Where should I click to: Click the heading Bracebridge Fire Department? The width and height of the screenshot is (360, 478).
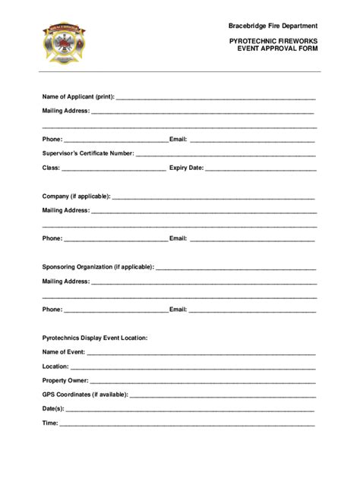click(273, 26)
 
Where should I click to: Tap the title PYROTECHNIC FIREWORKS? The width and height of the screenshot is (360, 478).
click(273, 39)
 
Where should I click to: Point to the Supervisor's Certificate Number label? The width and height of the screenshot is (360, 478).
click(88, 153)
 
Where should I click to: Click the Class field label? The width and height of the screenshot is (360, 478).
click(51, 168)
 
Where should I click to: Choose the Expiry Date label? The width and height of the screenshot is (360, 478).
click(186, 168)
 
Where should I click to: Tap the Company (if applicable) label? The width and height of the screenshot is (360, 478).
click(76, 196)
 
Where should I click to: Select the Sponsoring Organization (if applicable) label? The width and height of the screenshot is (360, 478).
click(98, 267)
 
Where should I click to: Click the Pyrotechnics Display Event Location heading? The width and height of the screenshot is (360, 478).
click(95, 338)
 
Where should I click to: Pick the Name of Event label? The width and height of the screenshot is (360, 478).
click(64, 352)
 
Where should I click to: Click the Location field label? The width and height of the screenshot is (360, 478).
click(56, 366)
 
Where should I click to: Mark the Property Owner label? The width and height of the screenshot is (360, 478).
click(65, 380)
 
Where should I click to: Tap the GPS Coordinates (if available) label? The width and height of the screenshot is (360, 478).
click(85, 395)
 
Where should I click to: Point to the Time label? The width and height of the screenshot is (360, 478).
click(50, 423)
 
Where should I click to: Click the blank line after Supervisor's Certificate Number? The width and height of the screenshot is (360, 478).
click(226, 155)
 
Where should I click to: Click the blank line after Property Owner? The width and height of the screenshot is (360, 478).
click(202, 382)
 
